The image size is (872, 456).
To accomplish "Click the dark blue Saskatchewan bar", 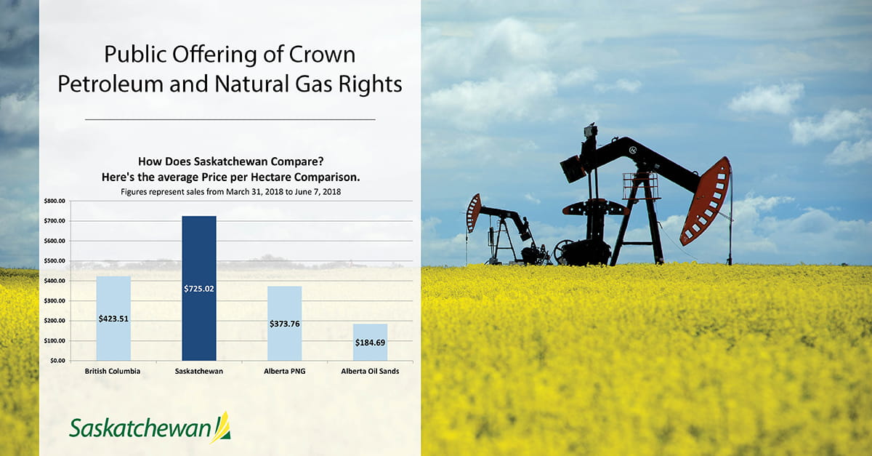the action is coord(199,289).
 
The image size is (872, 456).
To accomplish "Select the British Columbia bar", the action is coord(113,319).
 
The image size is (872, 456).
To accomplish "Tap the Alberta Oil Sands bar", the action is coord(370,343).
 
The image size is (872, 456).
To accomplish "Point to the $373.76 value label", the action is coord(285,324).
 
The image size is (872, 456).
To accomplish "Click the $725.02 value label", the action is coord(199,289).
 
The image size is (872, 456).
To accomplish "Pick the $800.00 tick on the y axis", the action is coord(54,201).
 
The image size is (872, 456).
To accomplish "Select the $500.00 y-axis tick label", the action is coord(54,261).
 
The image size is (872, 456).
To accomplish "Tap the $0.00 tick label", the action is coord(57,361).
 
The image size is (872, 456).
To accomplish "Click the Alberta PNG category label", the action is coord(285,371).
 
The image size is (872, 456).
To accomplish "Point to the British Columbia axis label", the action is coord(113,371).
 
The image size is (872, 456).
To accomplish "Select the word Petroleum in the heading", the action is coord(110,84).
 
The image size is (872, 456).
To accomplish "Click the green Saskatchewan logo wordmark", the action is coord(140,428).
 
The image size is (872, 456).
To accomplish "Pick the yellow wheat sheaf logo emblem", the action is coord(222,428).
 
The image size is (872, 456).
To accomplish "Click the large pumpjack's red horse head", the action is coord(706,201).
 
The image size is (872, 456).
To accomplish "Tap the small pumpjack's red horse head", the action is coord(473,212).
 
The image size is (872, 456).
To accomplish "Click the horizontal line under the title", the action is coord(230,119).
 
